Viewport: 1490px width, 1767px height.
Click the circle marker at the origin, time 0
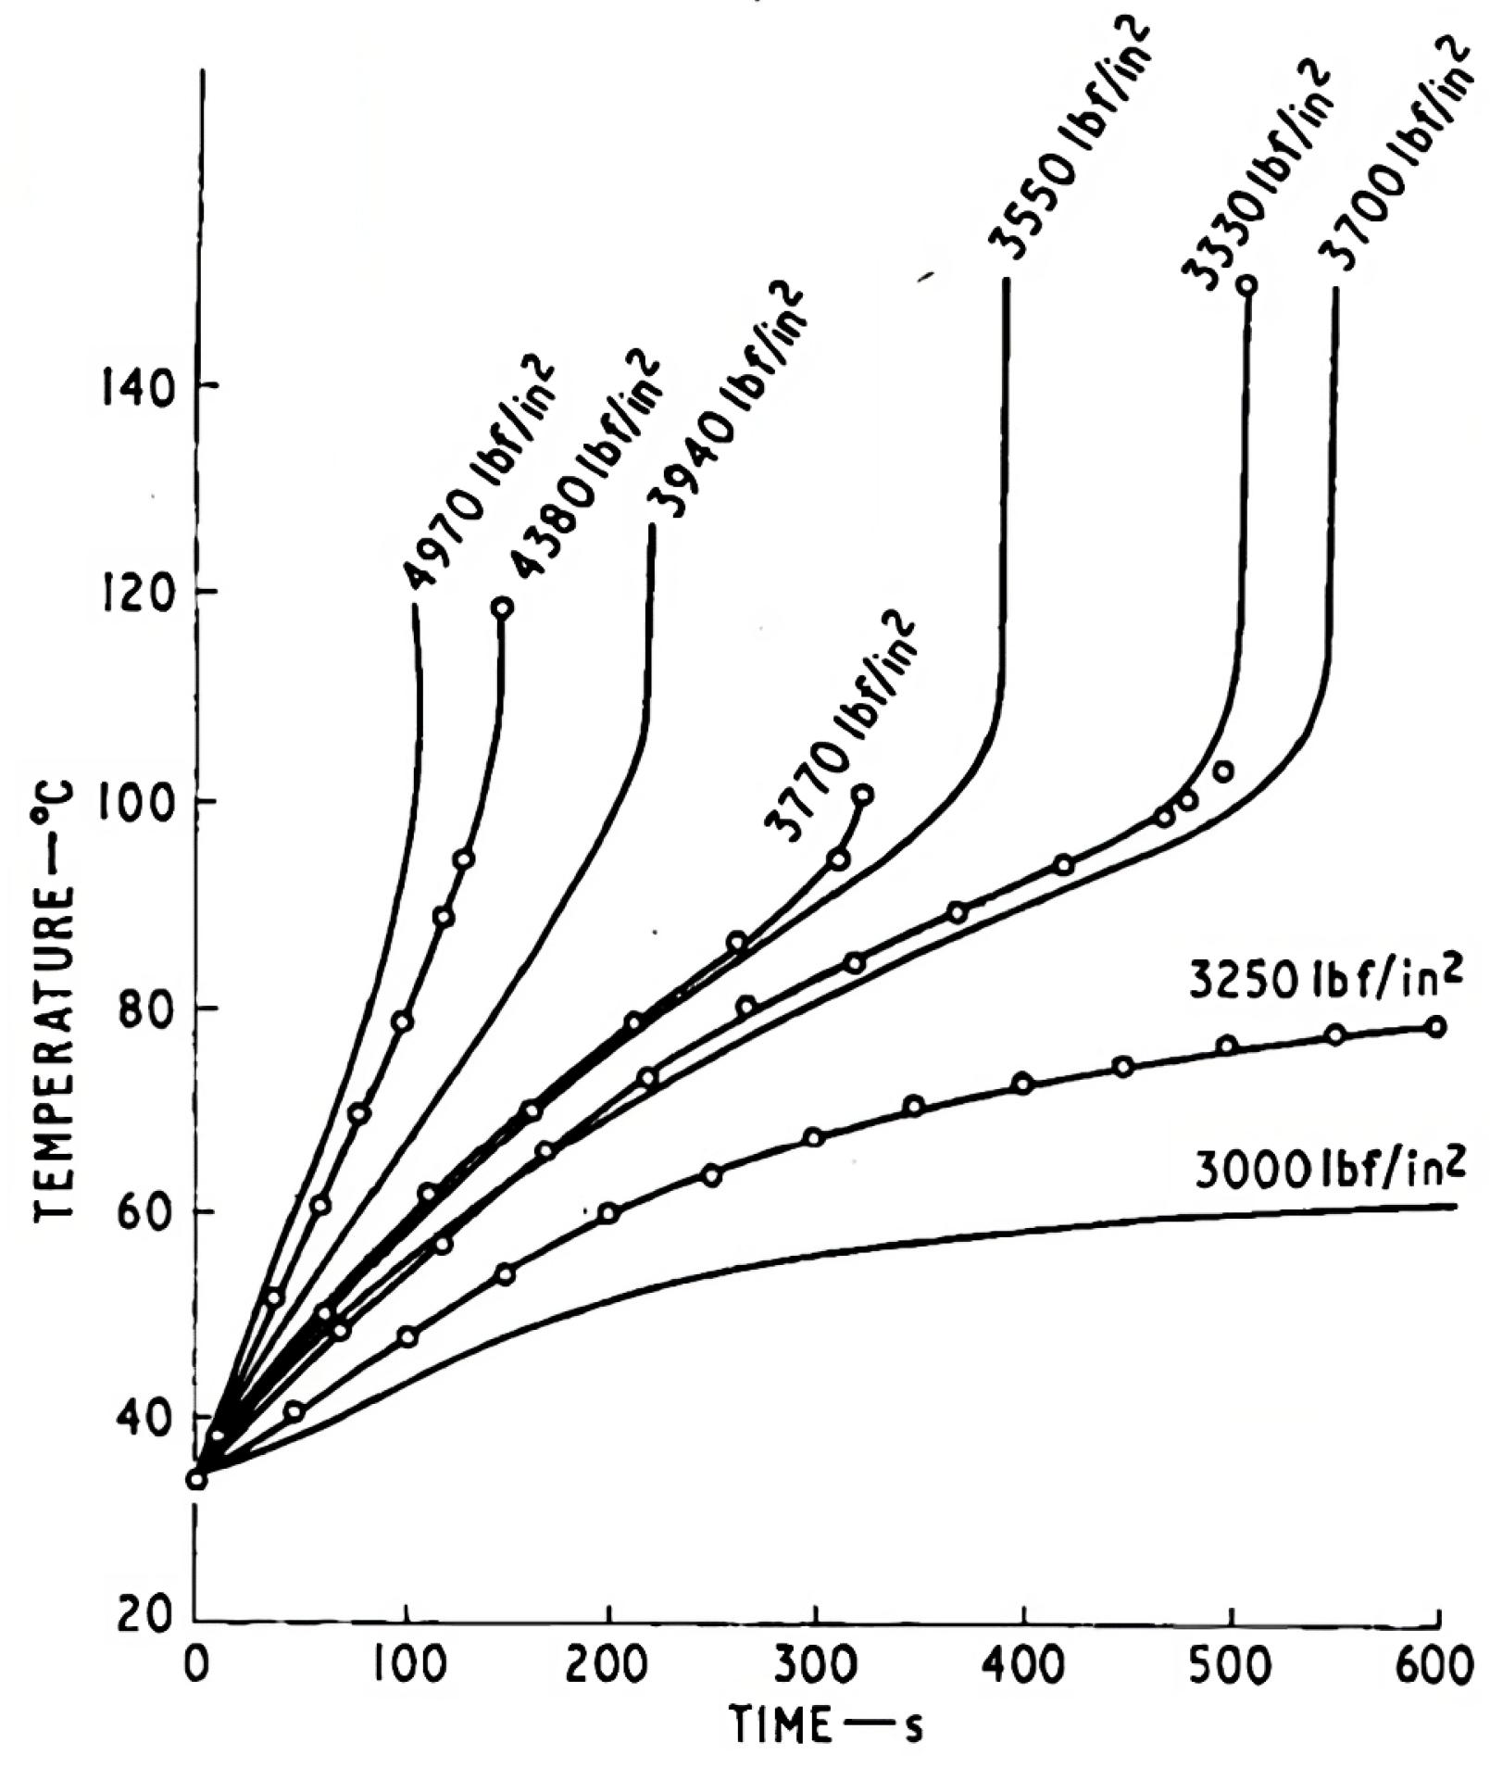coord(196,1479)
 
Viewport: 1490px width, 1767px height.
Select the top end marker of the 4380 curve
coord(503,608)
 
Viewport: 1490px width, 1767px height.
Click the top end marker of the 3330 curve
coord(1247,284)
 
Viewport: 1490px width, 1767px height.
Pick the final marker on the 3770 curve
coord(863,795)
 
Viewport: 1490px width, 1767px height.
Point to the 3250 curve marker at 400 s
coord(1022,1083)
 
